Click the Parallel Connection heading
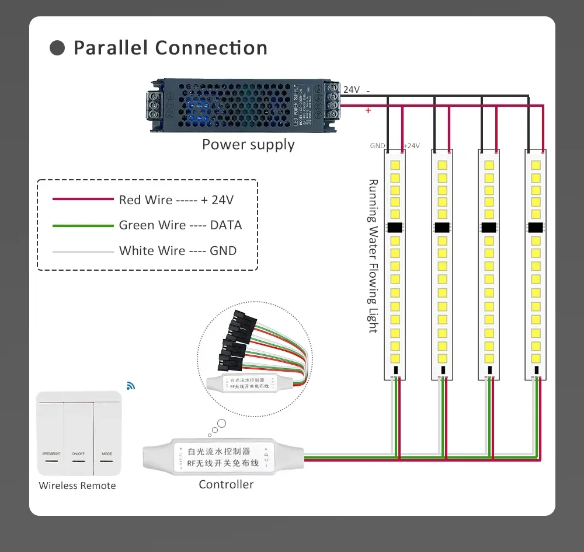(x=170, y=48)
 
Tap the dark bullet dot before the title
(x=57, y=48)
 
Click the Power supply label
(x=248, y=145)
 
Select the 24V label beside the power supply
(x=352, y=90)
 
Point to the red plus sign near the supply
(x=368, y=110)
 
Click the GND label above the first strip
(x=377, y=146)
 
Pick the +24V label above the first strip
(x=411, y=146)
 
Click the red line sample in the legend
(x=82, y=200)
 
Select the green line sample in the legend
(x=82, y=225)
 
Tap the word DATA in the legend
(x=226, y=225)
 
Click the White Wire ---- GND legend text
(x=178, y=251)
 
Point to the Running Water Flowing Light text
(x=373, y=256)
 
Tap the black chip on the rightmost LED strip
(x=536, y=227)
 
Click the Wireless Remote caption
(x=77, y=485)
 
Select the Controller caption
(x=226, y=484)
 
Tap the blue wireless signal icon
(x=130, y=386)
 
